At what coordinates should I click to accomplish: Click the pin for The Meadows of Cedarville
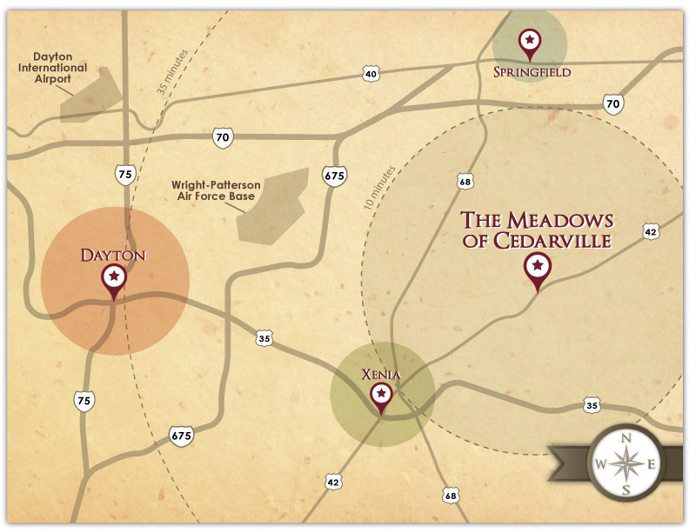pyautogui.click(x=538, y=267)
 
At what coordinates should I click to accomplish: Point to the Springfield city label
pyautogui.click(x=532, y=72)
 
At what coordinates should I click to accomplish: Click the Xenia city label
pyautogui.click(x=381, y=375)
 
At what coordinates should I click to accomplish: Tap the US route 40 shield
pyautogui.click(x=371, y=75)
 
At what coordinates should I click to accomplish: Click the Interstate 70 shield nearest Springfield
pyautogui.click(x=613, y=104)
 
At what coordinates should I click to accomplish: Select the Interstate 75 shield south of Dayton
pyautogui.click(x=84, y=400)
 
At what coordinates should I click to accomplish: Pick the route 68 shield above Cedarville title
pyautogui.click(x=465, y=181)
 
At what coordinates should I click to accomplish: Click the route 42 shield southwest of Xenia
pyautogui.click(x=334, y=481)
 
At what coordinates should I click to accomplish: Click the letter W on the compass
pyautogui.click(x=600, y=465)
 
